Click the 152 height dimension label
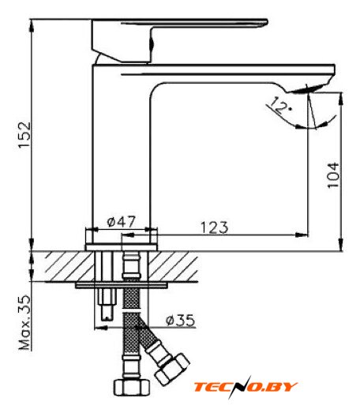coord(24,134)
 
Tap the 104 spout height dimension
coord(333,175)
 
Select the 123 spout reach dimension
coord(215,227)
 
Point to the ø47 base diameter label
coord(121,222)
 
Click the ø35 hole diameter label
coord(181,320)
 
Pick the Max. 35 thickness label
coord(24,323)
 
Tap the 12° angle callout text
coord(279,106)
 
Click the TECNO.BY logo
coord(246,387)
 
